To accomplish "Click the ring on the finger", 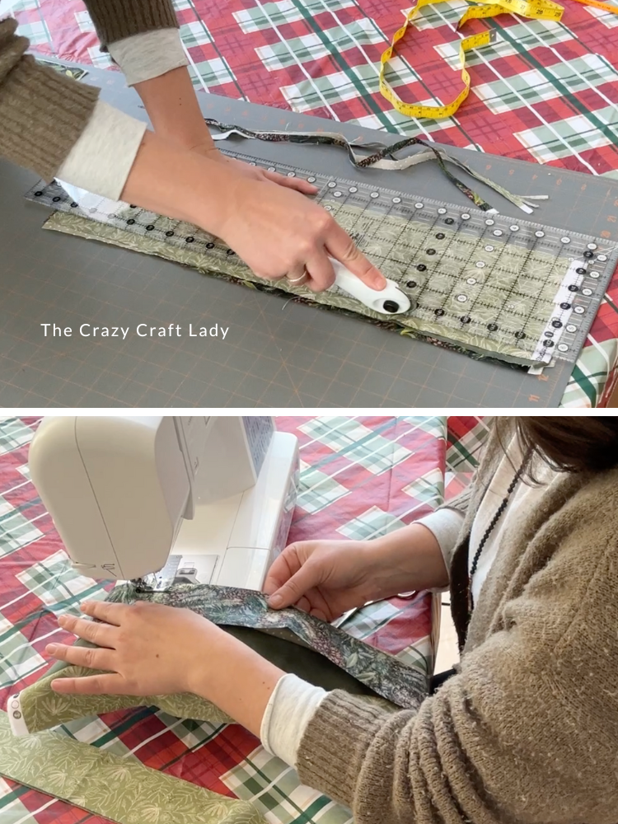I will point(297,277).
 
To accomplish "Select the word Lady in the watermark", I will point(208,331).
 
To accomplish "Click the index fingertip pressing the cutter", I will point(374,280).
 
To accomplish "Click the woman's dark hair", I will point(569,445).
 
